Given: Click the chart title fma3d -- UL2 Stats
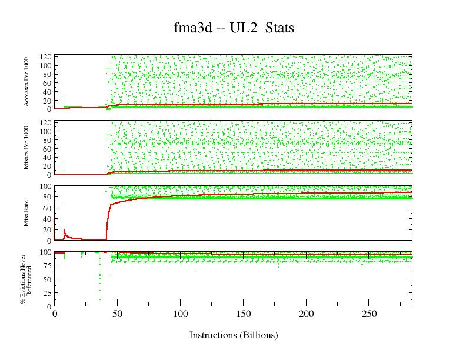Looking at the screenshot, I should click(234, 28).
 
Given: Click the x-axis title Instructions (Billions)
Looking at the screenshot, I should click(234, 335).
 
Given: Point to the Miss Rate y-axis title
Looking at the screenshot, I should click(27, 213).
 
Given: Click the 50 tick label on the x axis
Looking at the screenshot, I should click(117, 315).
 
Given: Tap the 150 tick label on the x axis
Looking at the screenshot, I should click(243, 315).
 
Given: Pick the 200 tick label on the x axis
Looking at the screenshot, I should click(306, 315).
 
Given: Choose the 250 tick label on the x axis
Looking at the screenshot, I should click(369, 315).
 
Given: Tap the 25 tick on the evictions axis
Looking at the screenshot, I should click(47, 293).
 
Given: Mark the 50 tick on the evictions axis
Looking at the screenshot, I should click(47, 279).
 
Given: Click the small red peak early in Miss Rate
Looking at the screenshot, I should click(64, 230).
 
